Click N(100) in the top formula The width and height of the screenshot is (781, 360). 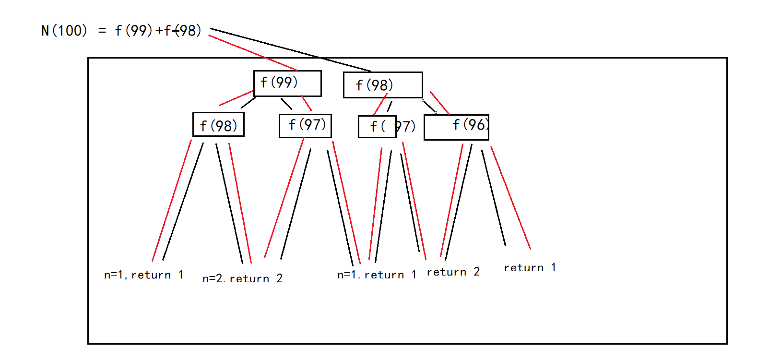click(64, 31)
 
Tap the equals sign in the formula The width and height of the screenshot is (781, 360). click(102, 31)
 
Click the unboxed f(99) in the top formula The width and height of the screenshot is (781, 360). click(133, 31)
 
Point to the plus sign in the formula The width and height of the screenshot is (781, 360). click(159, 31)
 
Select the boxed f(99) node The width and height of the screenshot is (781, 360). click(287, 84)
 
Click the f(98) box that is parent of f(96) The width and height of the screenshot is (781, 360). click(382, 85)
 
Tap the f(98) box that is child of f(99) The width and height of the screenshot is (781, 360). click(218, 125)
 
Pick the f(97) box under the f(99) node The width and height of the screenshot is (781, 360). click(305, 126)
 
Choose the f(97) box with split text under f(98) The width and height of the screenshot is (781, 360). click(378, 127)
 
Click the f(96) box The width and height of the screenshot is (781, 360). click(456, 127)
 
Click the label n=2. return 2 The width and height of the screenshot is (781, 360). click(242, 278)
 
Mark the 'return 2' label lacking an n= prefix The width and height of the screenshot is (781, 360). click(453, 272)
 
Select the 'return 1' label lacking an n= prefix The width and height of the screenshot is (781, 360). click(530, 268)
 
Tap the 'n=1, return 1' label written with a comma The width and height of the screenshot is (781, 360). click(143, 275)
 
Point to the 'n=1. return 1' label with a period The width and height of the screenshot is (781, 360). click(377, 275)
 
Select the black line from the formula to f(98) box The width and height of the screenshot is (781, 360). click(290, 50)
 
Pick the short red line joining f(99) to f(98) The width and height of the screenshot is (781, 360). click(236, 98)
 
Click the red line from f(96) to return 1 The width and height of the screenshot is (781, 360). click(510, 197)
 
